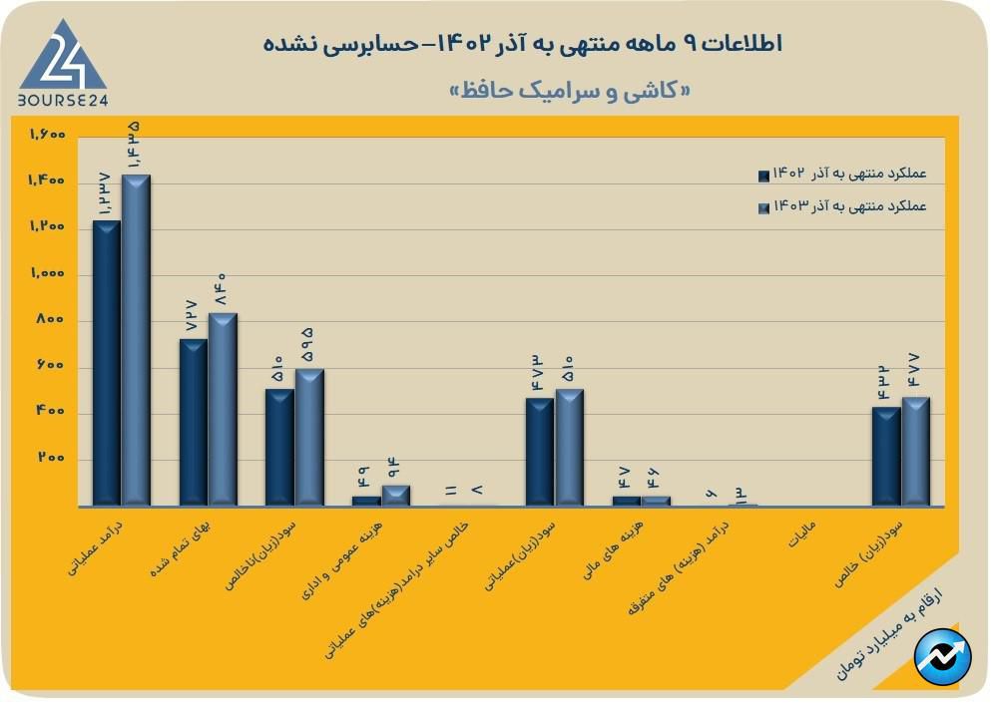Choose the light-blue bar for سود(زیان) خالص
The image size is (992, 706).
coord(915,451)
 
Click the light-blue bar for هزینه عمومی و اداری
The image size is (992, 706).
coord(396,495)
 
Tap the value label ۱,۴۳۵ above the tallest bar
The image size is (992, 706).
coord(134,144)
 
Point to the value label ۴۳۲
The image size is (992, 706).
coord(884,382)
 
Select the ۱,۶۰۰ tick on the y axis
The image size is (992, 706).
coord(47,135)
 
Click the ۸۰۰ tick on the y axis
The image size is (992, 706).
coord(51,320)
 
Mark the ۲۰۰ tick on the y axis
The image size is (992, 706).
coord(51,459)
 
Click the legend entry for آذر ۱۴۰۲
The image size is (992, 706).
coord(842,175)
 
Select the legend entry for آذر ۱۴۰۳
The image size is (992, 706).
coord(842,206)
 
